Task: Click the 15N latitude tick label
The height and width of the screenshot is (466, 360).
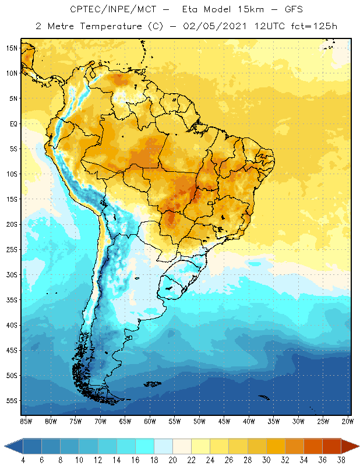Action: (12, 48)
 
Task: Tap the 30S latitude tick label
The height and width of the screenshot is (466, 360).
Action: (12, 274)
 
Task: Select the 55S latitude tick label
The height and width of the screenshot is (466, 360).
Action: (12, 401)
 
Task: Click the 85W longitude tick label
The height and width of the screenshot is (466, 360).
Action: (26, 421)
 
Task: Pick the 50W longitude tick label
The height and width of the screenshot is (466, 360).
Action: (199, 421)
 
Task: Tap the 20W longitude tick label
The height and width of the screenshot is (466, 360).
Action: (347, 421)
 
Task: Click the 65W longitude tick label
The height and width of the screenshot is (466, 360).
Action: (125, 421)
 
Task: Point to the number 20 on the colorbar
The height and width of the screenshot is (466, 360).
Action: (173, 460)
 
